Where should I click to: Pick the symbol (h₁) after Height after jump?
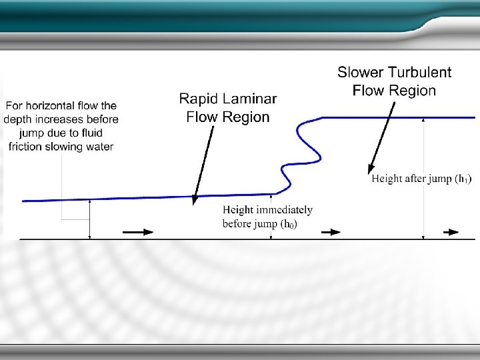(x=463, y=178)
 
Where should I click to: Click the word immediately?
(x=284, y=210)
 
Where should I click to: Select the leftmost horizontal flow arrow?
(x=138, y=232)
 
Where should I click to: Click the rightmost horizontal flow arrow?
(x=451, y=232)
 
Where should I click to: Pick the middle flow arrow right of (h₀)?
(x=331, y=232)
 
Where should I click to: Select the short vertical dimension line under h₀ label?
(x=271, y=216)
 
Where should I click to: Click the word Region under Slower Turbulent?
(x=413, y=91)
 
